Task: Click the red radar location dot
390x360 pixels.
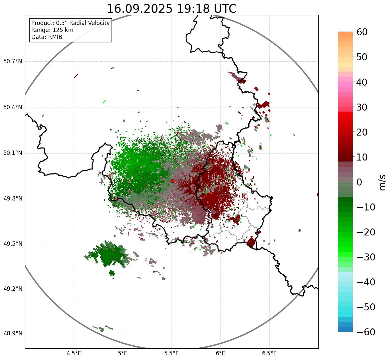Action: click(172, 181)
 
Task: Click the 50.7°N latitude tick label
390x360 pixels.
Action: click(12, 61)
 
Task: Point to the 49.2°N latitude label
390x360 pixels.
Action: click(12, 289)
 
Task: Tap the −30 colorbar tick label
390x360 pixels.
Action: click(366, 257)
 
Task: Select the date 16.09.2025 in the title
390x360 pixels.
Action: click(140, 9)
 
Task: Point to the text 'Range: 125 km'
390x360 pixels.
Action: click(52, 30)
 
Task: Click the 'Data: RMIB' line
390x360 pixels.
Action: click(47, 37)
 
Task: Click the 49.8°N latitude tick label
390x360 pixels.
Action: click(12, 199)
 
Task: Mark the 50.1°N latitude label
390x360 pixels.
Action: click(12, 153)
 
